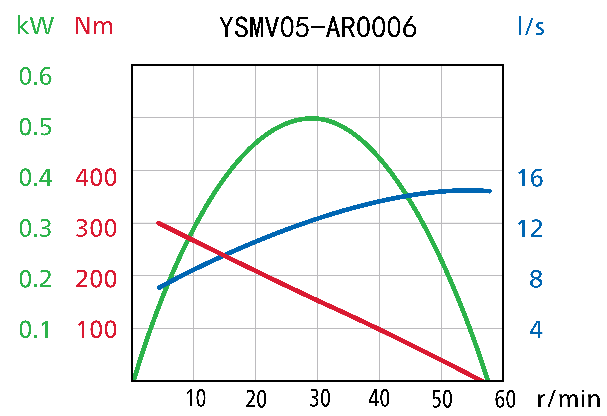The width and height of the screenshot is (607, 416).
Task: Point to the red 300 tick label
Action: [96, 228]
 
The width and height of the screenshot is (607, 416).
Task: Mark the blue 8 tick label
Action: [536, 279]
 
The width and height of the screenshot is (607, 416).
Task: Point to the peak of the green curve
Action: [312, 118]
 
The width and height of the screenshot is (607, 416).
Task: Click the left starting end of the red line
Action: [158, 223]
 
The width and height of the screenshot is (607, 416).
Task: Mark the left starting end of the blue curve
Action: [159, 288]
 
